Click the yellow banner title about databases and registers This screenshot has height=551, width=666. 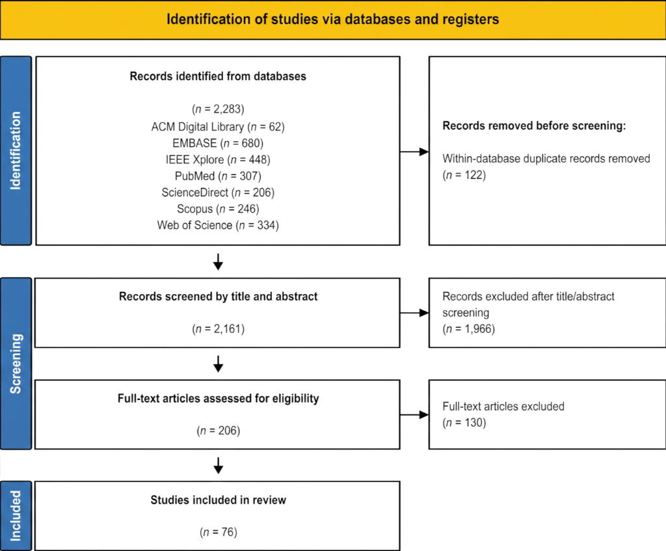point(332,20)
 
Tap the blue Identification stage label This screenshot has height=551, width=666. point(16,151)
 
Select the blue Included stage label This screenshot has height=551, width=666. point(16,516)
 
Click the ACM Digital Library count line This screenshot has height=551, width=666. point(218,127)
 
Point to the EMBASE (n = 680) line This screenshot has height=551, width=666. point(218,143)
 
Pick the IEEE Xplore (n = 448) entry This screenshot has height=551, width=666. point(218,160)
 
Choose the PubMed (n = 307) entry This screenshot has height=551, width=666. point(218,176)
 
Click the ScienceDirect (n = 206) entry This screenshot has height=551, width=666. point(218,193)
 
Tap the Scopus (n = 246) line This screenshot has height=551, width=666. point(218,209)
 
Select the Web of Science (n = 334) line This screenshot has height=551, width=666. point(218,225)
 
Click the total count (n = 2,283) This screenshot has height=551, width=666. point(218,109)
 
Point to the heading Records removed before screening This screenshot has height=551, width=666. point(534,126)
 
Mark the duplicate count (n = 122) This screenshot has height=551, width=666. point(464,175)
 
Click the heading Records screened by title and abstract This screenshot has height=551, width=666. point(218,297)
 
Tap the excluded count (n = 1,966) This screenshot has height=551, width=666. point(468,329)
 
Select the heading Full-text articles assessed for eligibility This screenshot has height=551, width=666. point(218,399)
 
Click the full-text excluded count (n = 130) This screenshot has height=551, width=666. point(464,423)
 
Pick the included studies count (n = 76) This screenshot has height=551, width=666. point(219,532)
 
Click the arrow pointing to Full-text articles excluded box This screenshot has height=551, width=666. point(414,414)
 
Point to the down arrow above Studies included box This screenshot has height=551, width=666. point(219,466)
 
